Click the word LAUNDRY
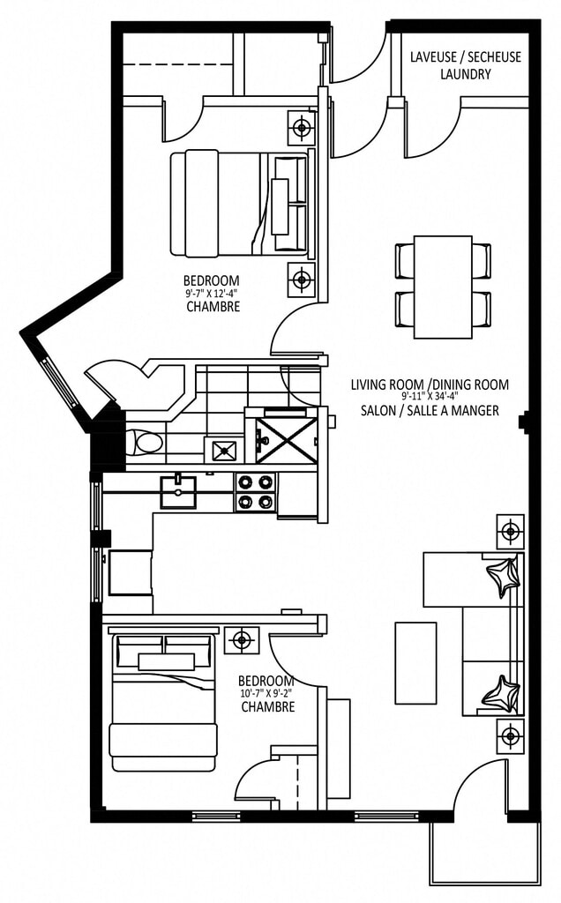coord(466,74)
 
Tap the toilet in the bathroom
coord(146,444)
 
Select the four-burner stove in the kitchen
coord(255,492)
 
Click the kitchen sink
coord(178,491)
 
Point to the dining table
coord(443,287)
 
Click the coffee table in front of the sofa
coord(415,663)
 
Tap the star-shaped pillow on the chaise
coord(503,577)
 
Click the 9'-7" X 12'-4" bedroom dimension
coord(212,293)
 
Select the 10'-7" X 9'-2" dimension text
coord(266,694)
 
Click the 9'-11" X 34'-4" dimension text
coord(430,397)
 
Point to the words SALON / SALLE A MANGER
coord(430,411)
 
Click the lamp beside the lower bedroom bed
coord(242,639)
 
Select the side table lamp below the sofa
coord(511,735)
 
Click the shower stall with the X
coord(287,441)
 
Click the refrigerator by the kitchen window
coord(131,572)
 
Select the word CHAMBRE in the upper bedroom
coord(213,307)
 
